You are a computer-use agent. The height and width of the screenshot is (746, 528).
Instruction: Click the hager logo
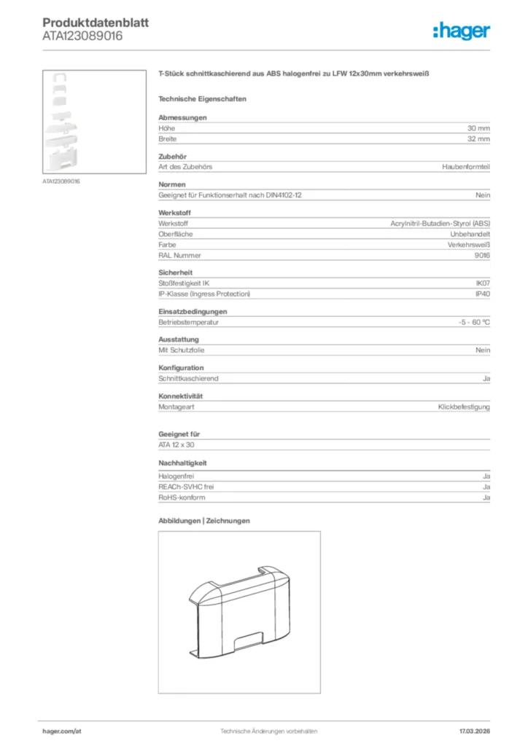462,31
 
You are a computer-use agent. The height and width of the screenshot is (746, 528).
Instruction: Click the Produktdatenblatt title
96,23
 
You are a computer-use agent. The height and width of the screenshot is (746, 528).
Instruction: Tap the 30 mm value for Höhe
478,127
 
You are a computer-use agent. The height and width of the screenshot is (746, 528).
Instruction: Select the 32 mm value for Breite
478,138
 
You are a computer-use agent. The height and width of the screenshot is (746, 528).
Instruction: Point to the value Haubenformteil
466,167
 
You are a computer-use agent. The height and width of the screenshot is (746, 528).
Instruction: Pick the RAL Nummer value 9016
482,256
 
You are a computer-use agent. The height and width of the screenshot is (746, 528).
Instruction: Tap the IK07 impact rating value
483,283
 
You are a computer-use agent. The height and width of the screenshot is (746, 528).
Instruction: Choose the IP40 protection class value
483,294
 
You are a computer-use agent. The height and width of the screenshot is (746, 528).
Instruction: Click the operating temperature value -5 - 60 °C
470,322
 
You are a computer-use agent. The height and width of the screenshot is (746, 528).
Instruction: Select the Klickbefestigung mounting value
464,407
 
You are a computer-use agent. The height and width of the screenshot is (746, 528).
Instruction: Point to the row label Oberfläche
173,234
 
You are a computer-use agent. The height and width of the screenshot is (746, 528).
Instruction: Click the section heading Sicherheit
175,272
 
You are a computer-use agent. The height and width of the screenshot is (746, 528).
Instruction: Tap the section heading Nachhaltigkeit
183,463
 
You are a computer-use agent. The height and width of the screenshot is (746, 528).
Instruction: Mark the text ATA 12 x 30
176,444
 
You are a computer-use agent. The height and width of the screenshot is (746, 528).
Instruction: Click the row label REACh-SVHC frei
186,487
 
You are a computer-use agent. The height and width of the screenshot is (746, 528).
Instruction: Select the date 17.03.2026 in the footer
475,731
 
